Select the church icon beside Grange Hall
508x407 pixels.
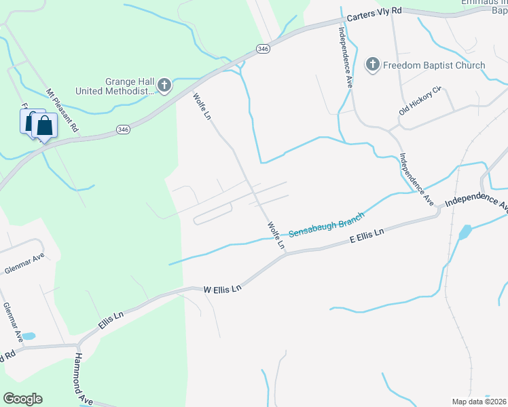(164, 85)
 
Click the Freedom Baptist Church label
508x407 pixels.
(434, 65)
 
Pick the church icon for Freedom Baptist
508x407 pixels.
(371, 65)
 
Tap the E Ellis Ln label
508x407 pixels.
(367, 235)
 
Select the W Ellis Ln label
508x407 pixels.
(223, 289)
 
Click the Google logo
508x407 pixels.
(22, 398)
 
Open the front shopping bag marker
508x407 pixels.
(44, 126)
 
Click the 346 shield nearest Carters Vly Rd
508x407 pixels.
(264, 49)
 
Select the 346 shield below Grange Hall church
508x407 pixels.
(122, 130)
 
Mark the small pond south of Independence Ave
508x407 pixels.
(464, 233)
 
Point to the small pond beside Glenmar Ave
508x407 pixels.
(28, 336)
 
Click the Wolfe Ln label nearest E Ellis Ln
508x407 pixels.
(275, 234)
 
